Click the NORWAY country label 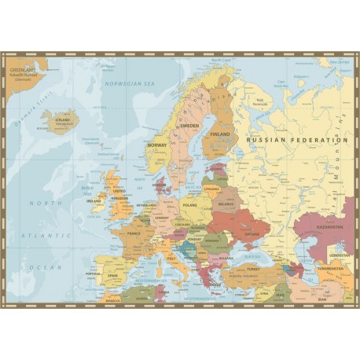point(157,145)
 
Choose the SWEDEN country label point(189,126)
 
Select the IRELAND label point(95,200)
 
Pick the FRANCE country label point(134,233)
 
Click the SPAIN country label point(112,276)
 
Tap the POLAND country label point(190,204)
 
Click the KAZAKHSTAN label point(330,226)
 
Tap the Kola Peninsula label point(261,101)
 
